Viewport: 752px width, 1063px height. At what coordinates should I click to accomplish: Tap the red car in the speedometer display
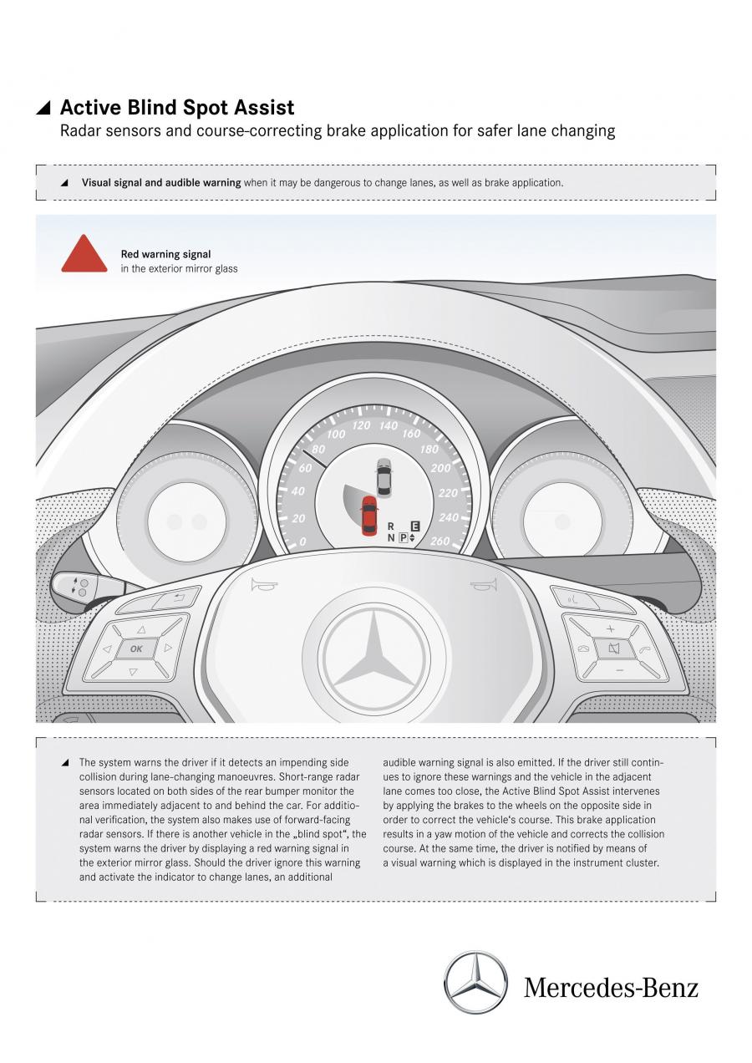[369, 516]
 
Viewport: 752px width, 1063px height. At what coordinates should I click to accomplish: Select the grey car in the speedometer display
[384, 478]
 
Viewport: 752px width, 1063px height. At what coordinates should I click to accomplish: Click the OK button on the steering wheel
[136, 648]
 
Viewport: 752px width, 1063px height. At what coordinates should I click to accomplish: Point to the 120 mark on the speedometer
[362, 425]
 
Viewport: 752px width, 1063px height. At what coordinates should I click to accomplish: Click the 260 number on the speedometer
[440, 541]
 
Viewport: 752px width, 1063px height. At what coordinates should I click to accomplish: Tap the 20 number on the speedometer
[298, 518]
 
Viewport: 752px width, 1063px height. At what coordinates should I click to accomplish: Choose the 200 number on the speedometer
[441, 468]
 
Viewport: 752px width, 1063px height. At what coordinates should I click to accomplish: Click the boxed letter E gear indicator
[415, 526]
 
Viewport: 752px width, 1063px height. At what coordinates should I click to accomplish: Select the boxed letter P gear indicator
[404, 537]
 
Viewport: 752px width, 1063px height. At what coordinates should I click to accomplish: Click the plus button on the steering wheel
[611, 628]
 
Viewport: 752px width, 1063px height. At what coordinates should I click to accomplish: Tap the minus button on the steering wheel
[620, 670]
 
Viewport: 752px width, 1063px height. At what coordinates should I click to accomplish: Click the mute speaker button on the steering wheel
[614, 648]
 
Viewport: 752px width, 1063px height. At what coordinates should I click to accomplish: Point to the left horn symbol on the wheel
[264, 586]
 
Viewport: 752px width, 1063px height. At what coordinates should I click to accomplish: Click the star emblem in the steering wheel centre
[375, 655]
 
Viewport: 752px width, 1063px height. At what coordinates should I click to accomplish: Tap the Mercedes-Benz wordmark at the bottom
[611, 988]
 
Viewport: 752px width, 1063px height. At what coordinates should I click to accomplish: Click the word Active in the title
[90, 107]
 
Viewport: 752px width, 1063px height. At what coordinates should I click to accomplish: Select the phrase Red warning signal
[165, 254]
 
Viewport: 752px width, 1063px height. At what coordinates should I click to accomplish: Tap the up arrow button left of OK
[141, 630]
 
